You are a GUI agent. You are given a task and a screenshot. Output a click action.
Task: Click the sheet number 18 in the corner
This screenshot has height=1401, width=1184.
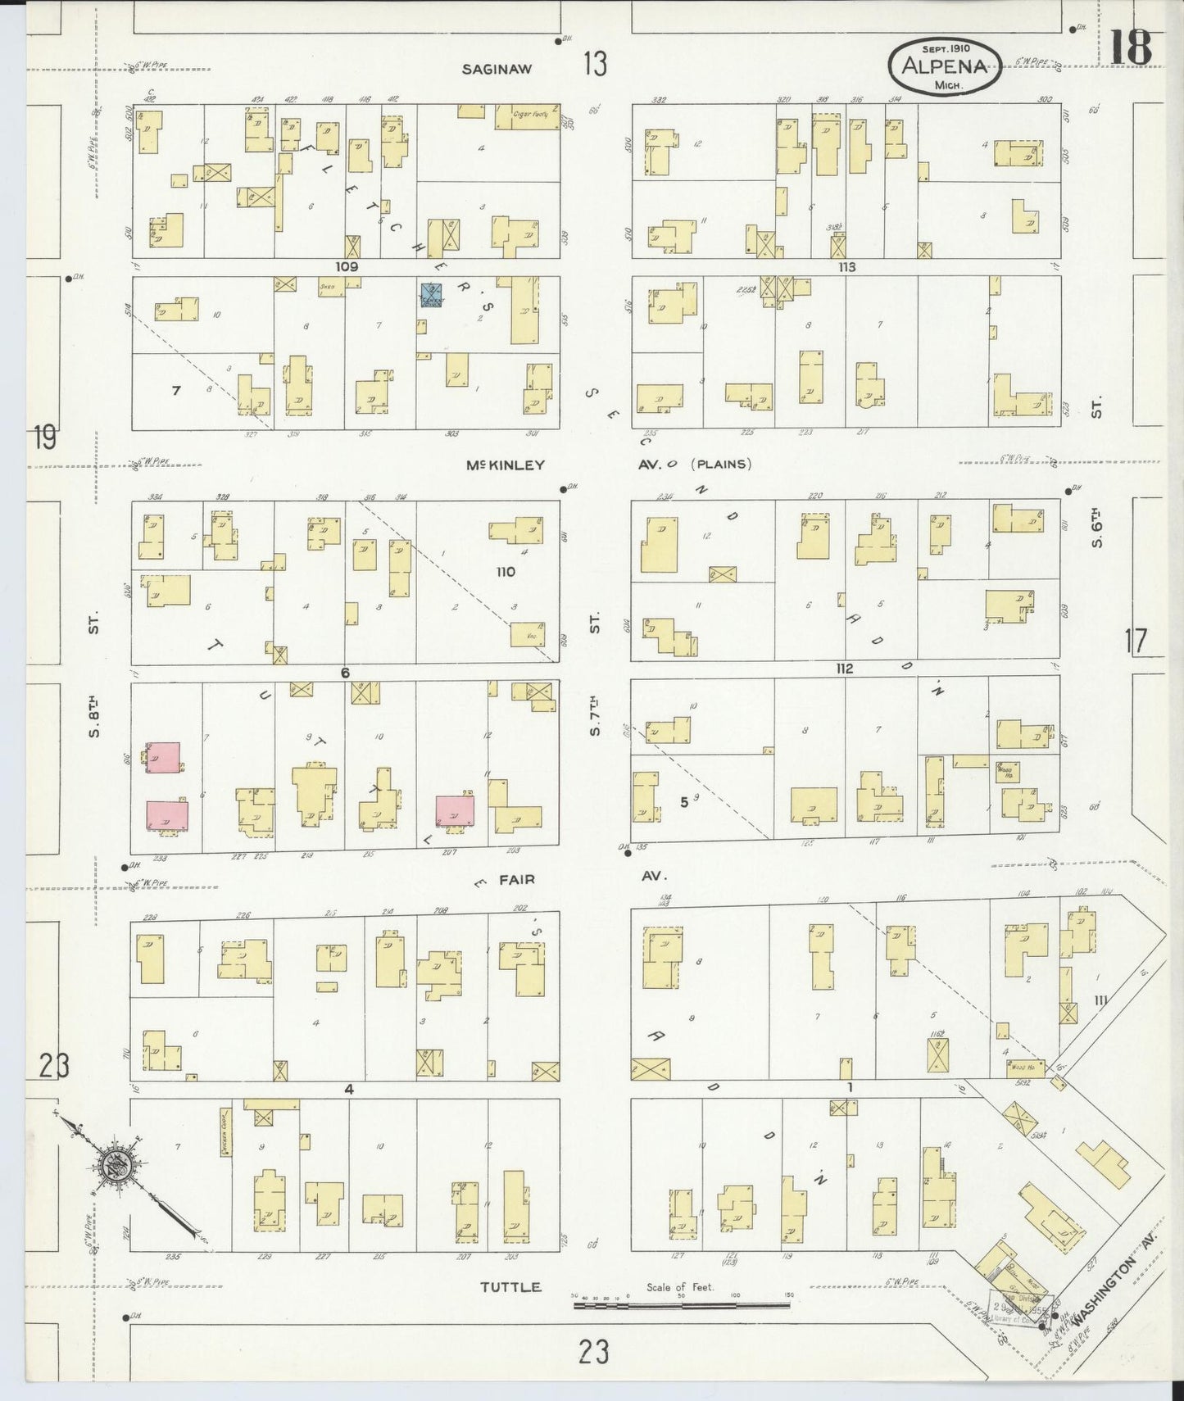click(x=1132, y=45)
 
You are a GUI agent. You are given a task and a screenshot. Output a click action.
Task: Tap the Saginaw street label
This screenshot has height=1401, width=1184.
click(x=496, y=69)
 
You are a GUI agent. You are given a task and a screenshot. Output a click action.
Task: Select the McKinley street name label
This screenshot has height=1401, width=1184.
click(x=505, y=465)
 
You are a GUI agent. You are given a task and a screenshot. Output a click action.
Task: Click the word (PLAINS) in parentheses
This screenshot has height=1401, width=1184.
click(x=721, y=464)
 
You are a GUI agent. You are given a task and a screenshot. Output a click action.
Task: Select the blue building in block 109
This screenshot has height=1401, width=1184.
click(x=431, y=295)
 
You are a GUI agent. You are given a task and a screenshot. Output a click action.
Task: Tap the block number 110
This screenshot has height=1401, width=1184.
click(x=506, y=571)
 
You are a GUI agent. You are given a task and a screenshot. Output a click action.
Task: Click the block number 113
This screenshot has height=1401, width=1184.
click(x=846, y=267)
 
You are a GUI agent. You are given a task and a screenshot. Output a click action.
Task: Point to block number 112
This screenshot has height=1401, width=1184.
click(x=844, y=669)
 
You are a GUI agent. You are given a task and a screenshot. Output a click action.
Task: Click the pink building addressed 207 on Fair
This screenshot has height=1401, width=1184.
click(x=455, y=809)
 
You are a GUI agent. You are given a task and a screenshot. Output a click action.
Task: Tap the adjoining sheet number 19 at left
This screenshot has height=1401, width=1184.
click(x=45, y=438)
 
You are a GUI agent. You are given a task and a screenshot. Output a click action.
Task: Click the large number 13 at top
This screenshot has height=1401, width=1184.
click(x=595, y=63)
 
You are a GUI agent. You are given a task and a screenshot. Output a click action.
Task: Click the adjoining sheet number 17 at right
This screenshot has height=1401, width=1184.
click(x=1136, y=640)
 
